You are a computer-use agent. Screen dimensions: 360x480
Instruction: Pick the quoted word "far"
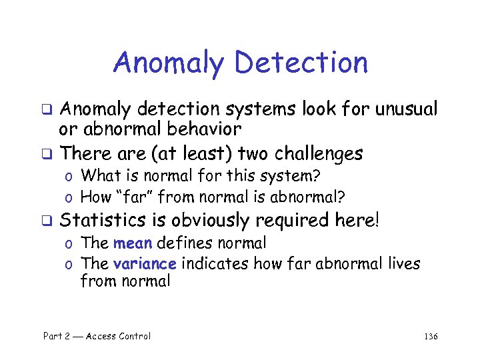[132, 197]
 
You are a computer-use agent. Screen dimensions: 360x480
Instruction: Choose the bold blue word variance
[145, 263]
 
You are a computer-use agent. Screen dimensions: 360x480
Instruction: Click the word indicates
[213, 263]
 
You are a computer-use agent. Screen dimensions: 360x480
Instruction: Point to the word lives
[403, 263]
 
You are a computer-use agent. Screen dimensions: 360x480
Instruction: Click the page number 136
[431, 336]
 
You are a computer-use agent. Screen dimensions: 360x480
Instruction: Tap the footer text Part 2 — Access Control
[97, 336]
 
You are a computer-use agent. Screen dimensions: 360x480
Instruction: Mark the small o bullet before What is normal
[69, 177]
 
